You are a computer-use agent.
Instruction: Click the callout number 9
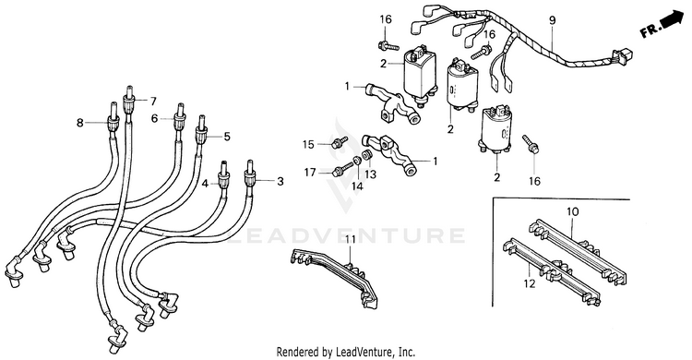click(x=553, y=20)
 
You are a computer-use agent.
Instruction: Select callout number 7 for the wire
click(x=152, y=102)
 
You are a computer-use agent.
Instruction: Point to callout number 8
click(x=80, y=123)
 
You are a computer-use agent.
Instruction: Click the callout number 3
click(x=280, y=181)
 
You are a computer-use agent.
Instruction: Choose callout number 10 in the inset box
click(x=572, y=212)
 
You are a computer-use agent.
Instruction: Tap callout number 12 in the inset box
click(x=530, y=283)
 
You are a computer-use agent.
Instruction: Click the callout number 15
click(x=308, y=144)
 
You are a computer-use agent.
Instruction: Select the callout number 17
click(x=310, y=173)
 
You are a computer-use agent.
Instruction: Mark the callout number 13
click(x=370, y=174)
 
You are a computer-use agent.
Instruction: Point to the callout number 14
click(x=357, y=186)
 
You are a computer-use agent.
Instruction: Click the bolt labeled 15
click(x=339, y=142)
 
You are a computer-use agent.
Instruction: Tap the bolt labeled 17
click(x=341, y=168)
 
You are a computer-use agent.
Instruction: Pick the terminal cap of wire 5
click(x=201, y=127)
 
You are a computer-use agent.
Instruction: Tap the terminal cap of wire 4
click(x=224, y=175)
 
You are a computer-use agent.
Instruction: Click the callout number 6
click(x=154, y=118)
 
